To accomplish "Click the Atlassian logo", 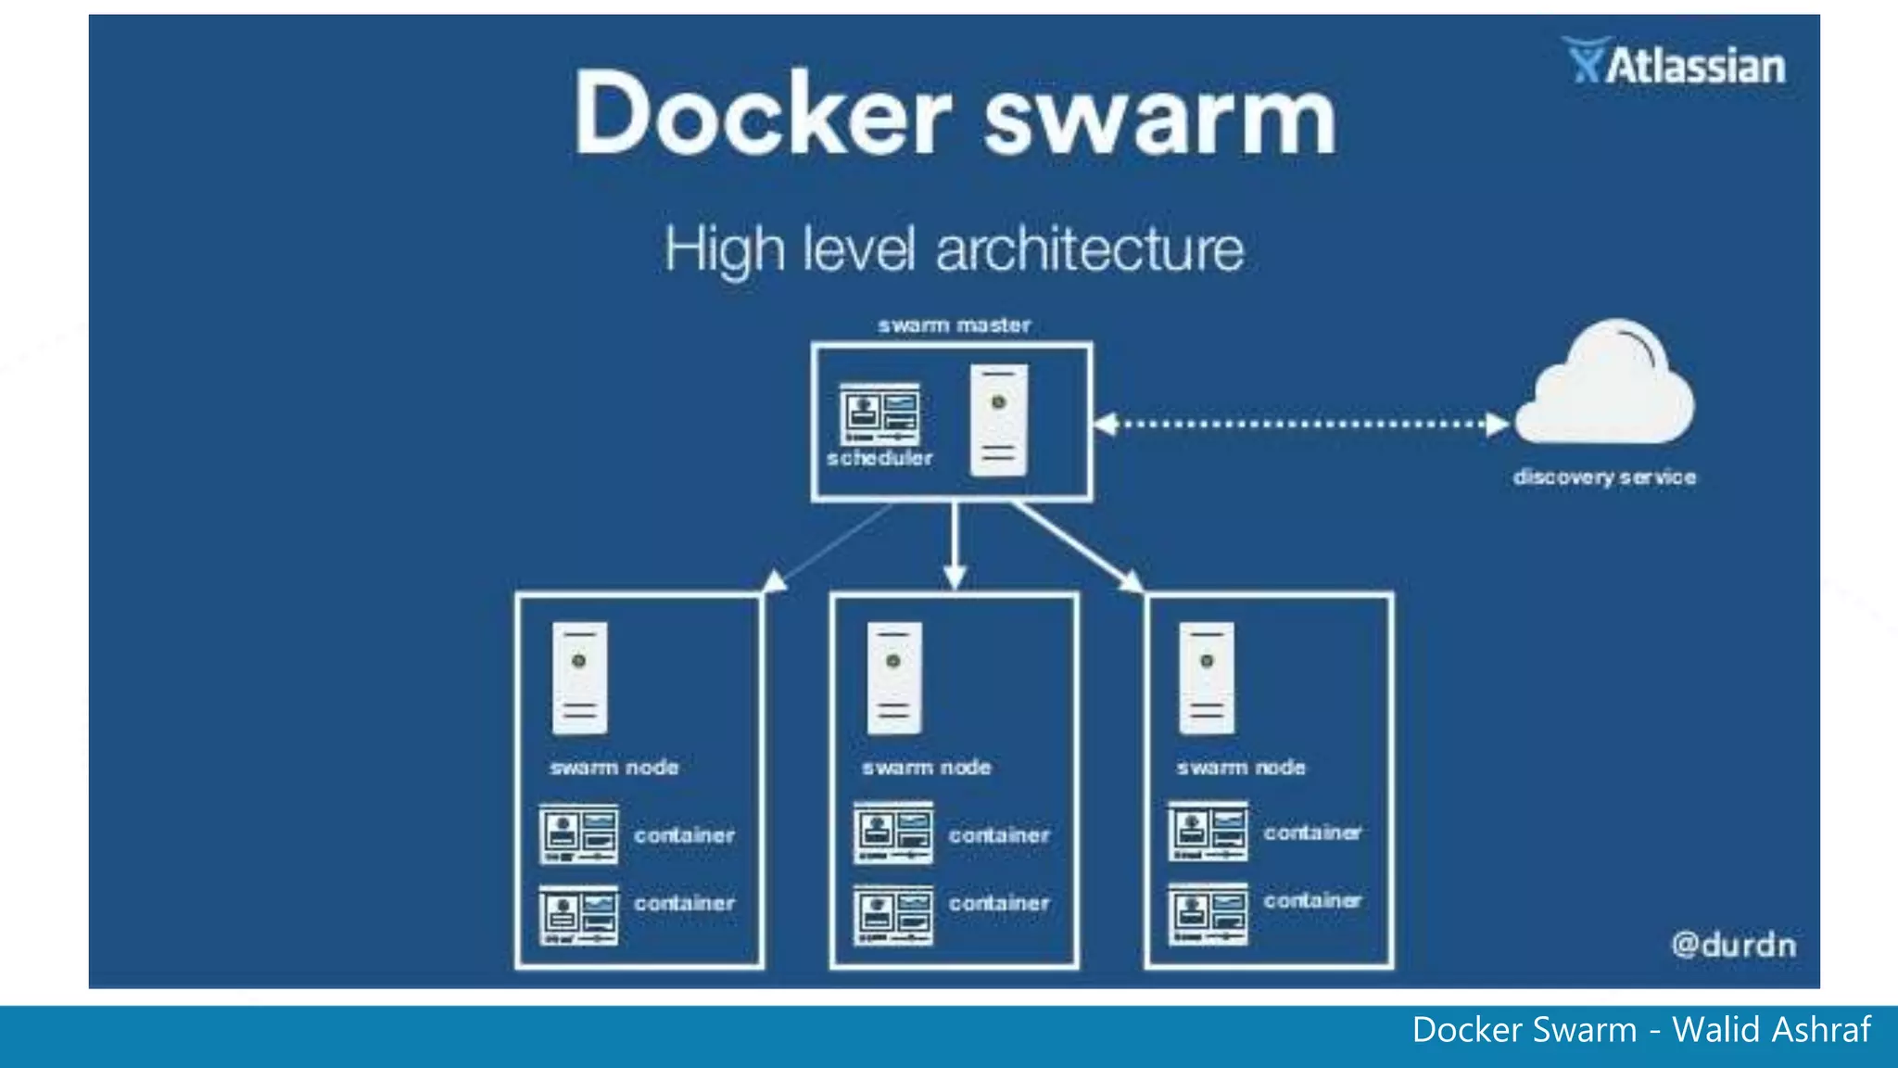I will tap(1675, 63).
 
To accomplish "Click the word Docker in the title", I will tap(762, 116).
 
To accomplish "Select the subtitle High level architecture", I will tap(954, 249).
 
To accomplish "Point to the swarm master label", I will tap(954, 325).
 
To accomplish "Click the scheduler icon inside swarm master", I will tap(879, 414).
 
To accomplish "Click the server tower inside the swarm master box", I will tap(998, 420).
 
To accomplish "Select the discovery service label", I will tap(1604, 477).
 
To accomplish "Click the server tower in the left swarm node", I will tap(579, 678).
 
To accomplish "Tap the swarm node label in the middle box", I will tap(926, 768).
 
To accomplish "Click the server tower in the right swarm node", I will tap(1206, 678).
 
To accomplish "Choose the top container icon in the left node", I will tap(578, 833).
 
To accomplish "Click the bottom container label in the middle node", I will tap(998, 903).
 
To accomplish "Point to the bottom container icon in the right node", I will tap(1208, 913).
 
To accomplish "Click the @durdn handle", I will tap(1733, 945).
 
